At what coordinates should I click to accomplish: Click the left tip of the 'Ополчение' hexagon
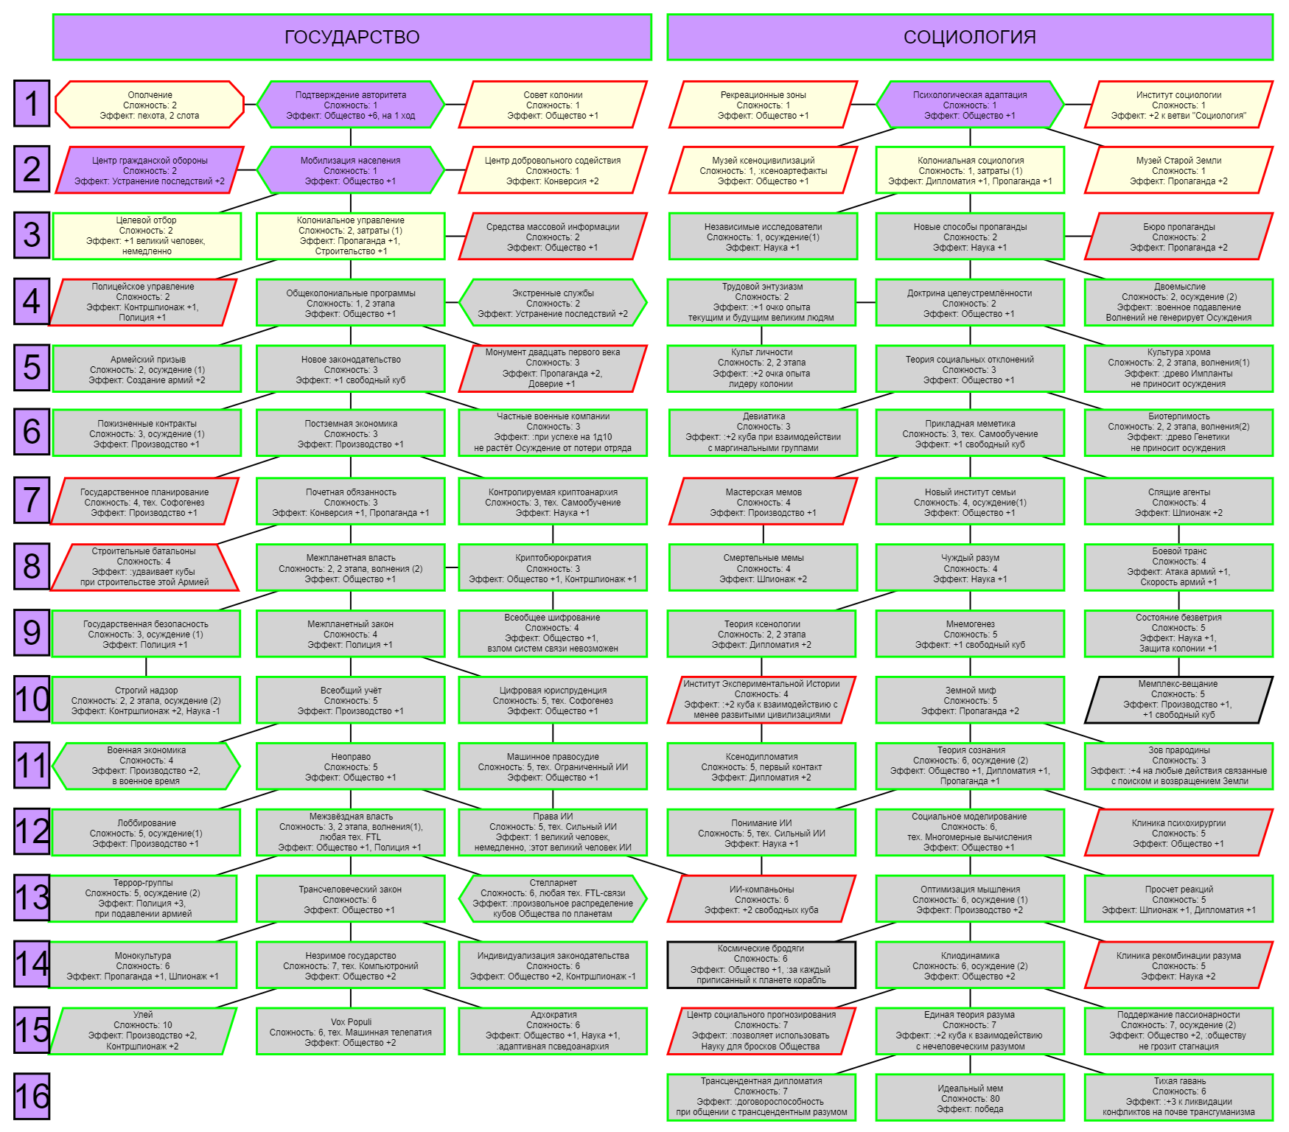click(56, 104)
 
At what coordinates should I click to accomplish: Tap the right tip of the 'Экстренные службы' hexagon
click(647, 302)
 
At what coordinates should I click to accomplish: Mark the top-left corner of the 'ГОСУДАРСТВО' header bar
click(53, 15)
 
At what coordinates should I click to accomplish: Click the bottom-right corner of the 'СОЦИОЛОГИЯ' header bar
click(1273, 60)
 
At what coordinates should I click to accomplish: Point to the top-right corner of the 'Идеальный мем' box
click(1063, 1075)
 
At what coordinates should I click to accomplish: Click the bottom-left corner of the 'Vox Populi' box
click(256, 1054)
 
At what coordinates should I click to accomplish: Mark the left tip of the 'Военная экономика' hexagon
click(52, 766)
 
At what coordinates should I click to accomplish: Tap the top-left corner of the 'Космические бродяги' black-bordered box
click(668, 942)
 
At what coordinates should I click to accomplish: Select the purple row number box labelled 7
click(32, 500)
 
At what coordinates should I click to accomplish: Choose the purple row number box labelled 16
click(32, 1097)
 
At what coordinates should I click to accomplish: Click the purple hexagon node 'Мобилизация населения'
click(351, 170)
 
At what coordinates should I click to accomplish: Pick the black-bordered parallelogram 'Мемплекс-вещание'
click(1178, 699)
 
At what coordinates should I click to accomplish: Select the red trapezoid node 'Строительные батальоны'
click(144, 567)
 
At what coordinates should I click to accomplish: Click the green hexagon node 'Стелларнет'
click(553, 898)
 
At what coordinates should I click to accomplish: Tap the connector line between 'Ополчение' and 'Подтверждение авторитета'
click(251, 105)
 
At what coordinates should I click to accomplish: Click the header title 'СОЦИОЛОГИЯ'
click(970, 37)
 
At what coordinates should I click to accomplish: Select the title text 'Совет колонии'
click(553, 95)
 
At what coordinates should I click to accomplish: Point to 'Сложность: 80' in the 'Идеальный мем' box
click(970, 1098)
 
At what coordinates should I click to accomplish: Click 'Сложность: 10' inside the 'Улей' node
click(143, 1025)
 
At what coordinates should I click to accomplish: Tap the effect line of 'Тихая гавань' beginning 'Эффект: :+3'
click(1178, 1102)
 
